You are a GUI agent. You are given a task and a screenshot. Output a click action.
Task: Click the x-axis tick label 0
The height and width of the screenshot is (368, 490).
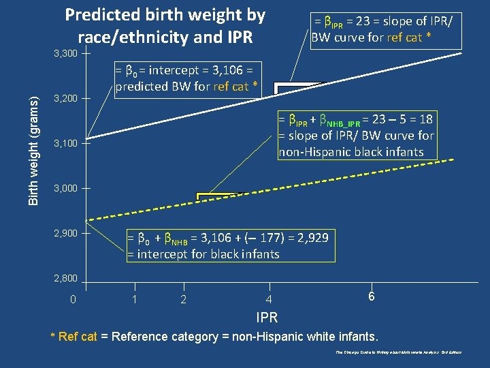click(x=73, y=300)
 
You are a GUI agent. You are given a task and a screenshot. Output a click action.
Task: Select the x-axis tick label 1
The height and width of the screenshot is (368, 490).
click(x=135, y=300)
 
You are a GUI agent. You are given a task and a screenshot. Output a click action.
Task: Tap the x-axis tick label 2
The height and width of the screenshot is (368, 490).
click(x=183, y=300)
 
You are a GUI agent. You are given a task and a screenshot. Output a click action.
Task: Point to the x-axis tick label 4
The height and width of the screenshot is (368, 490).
click(x=269, y=300)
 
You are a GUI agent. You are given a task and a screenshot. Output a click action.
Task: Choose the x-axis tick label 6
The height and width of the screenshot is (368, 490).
click(x=371, y=298)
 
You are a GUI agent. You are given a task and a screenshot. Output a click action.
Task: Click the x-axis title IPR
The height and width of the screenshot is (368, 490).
click(x=267, y=318)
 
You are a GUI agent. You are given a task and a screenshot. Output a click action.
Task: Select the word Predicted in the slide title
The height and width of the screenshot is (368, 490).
click(x=101, y=15)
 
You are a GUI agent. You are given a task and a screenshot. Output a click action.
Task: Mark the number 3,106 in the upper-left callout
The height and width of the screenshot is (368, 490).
click(x=231, y=70)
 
